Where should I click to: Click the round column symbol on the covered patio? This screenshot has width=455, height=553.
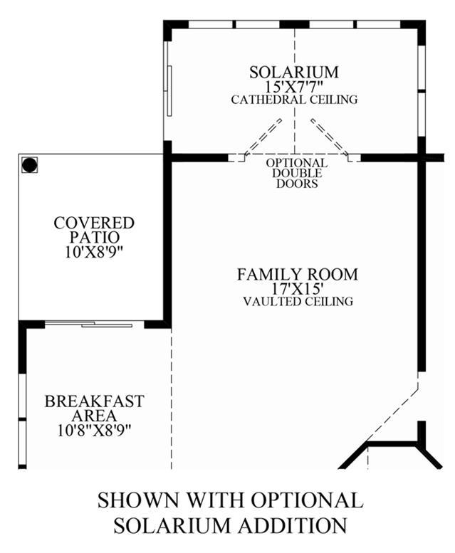pos(29,164)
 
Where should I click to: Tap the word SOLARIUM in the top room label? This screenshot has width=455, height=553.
pos(294,73)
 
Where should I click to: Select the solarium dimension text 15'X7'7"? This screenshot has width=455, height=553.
pos(294,86)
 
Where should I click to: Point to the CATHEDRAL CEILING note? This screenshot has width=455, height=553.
pos(294,100)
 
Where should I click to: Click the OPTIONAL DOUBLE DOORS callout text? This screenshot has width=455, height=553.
pos(297,173)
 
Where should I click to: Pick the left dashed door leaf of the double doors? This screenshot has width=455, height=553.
pos(263,137)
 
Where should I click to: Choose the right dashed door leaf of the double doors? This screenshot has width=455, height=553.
pos(330,137)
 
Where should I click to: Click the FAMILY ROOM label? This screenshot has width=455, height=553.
pos(298,275)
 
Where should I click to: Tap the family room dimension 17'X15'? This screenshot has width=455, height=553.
pos(298,288)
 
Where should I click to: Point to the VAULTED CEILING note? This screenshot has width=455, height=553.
pos(298,302)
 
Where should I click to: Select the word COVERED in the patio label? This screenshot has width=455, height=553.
pos(94,223)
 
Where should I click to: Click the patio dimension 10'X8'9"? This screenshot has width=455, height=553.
pos(95,252)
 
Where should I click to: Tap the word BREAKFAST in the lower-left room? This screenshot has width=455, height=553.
pos(94,401)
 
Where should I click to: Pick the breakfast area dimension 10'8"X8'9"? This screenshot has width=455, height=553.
pos(94,431)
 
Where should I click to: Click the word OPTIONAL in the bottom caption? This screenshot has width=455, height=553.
pos(306,500)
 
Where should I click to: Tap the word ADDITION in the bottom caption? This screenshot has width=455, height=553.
pos(293,525)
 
